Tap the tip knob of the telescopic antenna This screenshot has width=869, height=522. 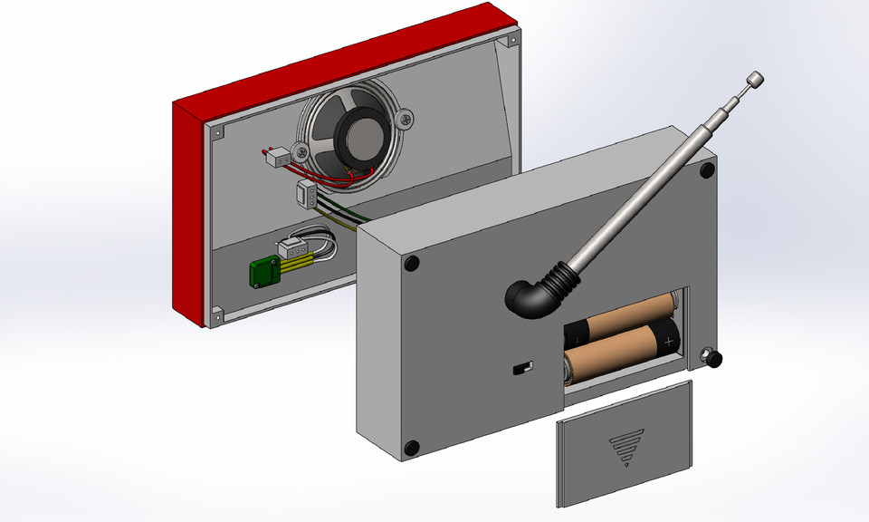coord(754,80)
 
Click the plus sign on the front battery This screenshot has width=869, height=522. coord(669,342)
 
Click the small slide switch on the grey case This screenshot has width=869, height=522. coord(522,368)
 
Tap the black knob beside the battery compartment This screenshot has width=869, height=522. coord(714,360)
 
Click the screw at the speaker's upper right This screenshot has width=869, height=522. coord(406,116)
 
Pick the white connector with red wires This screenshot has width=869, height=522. coord(278,158)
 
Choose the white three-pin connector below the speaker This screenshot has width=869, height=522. coord(306,193)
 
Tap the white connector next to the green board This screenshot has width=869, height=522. coord(291,248)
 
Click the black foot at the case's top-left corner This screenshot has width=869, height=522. coord(412,264)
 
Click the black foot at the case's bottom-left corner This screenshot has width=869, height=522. coord(412,448)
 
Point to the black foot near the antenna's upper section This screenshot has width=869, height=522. coord(704,171)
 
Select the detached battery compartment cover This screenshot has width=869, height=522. coord(625,444)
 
